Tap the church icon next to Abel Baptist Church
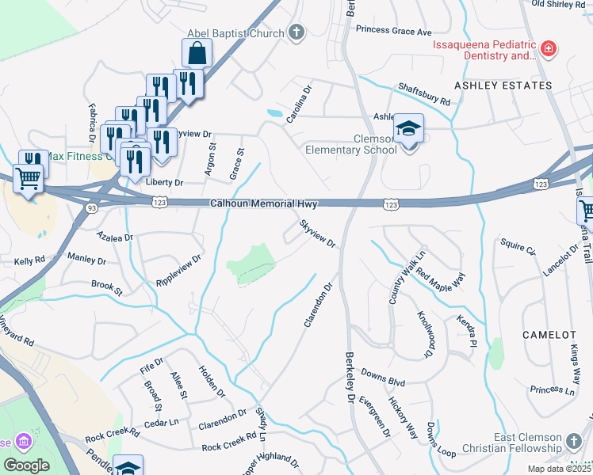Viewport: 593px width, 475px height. [x=296, y=33]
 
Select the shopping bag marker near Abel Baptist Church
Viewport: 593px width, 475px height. [x=197, y=55]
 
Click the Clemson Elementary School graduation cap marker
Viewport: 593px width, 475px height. [x=409, y=128]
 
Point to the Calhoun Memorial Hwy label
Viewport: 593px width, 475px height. [x=264, y=204]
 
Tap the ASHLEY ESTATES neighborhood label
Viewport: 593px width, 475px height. [x=503, y=85]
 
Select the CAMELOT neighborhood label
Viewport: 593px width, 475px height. [x=549, y=335]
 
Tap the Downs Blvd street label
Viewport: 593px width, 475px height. [x=383, y=377]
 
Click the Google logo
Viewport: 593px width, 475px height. [x=26, y=465]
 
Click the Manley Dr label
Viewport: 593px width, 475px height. [x=86, y=259]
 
